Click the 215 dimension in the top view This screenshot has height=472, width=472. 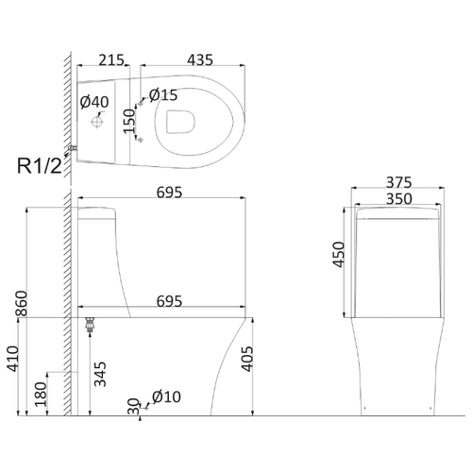[x=111, y=59]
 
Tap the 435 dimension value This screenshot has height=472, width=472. [x=200, y=59]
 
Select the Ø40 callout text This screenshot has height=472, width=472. [x=94, y=102]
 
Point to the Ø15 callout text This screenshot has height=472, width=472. [x=163, y=95]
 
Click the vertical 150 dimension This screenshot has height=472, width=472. [x=129, y=121]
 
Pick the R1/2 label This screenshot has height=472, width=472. [x=40, y=166]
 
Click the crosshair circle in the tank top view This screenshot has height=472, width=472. [x=97, y=122]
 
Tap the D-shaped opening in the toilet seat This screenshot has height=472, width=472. [x=180, y=122]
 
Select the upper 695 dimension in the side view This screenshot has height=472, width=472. [x=169, y=193]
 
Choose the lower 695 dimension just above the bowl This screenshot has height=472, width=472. [x=169, y=301]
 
